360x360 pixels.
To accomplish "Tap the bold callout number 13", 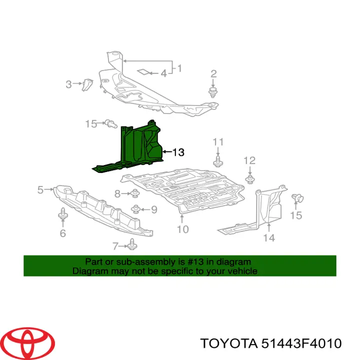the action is click(x=178, y=152).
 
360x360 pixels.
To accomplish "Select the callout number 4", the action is click(x=163, y=73).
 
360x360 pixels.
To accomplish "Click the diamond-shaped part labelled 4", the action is click(x=143, y=72).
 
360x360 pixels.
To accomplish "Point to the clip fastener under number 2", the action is click(x=213, y=92).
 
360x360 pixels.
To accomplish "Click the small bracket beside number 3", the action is click(x=87, y=84).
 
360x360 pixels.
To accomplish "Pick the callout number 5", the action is click(x=40, y=190).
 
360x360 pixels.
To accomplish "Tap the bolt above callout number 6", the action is click(x=62, y=214).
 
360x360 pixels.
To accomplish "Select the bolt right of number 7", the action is click(x=132, y=244).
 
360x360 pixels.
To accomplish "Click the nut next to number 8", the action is click(x=135, y=193).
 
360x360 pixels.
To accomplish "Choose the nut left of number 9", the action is click(x=136, y=209).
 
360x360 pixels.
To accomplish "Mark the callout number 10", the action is click(x=183, y=229).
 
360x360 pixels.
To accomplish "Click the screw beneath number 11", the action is click(x=218, y=161).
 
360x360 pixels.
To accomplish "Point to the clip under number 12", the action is click(x=250, y=179).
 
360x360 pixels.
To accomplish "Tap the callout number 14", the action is click(x=269, y=238).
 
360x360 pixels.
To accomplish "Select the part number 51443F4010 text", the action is click(x=301, y=343).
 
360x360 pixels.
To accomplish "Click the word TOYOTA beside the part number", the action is click(x=228, y=343).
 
